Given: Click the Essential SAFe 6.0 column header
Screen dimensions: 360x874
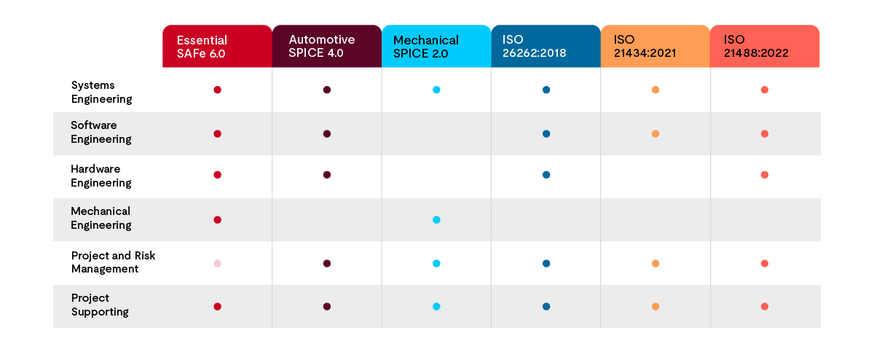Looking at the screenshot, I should click(x=217, y=47).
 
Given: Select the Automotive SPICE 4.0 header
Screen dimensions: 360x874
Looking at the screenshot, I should click(x=326, y=47).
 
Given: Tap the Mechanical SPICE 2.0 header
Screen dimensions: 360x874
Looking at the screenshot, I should click(x=436, y=47).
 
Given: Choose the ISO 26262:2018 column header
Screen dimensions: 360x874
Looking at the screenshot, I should click(x=546, y=47).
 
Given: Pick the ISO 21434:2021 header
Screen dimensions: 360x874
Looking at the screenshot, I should click(x=655, y=47).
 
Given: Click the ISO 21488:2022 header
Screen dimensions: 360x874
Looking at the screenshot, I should click(x=765, y=47).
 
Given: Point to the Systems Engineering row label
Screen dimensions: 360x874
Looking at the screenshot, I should click(x=101, y=92).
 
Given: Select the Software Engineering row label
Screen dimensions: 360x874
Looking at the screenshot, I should click(x=101, y=132).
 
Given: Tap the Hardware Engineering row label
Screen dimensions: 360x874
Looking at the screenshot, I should click(x=101, y=176).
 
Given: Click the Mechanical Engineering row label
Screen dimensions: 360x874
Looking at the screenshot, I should click(x=101, y=218).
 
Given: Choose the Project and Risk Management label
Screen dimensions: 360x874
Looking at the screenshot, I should click(x=113, y=262).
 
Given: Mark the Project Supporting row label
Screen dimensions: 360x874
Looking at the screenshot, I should click(x=100, y=305).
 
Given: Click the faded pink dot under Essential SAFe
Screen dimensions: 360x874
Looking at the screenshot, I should click(x=217, y=263).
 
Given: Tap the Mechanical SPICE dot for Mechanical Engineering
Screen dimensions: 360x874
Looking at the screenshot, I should click(x=436, y=219).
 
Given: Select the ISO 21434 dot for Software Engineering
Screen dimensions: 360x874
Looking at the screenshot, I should click(x=655, y=134).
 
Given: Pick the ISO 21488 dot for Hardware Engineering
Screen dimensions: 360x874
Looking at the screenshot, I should click(x=765, y=175).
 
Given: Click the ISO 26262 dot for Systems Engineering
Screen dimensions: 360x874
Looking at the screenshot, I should click(x=546, y=90).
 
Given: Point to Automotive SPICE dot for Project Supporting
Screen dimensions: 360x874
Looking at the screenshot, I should click(x=327, y=307).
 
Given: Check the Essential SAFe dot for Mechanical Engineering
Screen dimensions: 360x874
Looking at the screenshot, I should click(x=217, y=219).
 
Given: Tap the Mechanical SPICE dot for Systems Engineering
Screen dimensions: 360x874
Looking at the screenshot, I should click(x=436, y=90).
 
